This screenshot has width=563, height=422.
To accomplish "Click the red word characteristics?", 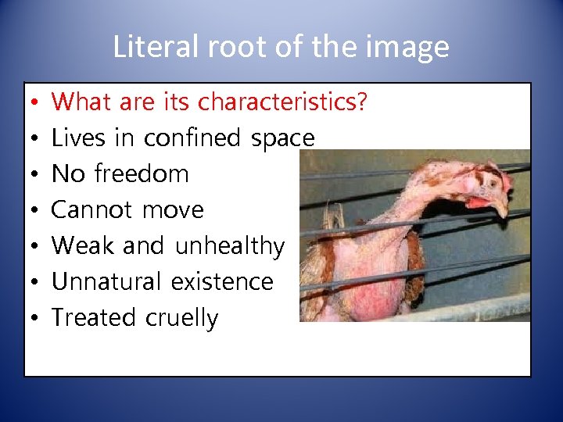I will pyautogui.click(x=282, y=102).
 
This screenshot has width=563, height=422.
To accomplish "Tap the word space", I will pyautogui.click(x=282, y=138).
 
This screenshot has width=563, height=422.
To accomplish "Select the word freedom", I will pyautogui.click(x=142, y=173).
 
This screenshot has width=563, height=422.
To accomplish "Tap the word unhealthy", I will pyautogui.click(x=230, y=245).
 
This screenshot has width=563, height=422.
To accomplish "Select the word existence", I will pyautogui.click(x=228, y=281).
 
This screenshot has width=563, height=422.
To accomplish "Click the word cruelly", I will pyautogui.click(x=181, y=318).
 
